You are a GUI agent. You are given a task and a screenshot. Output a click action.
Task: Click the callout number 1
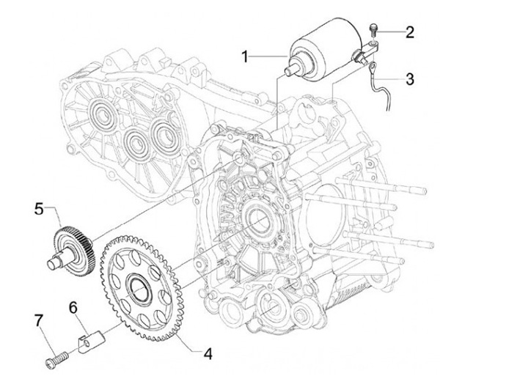(246, 56)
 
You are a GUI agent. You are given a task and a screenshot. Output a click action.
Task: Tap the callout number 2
(409, 32)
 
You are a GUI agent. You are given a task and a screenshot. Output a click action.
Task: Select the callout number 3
(409, 79)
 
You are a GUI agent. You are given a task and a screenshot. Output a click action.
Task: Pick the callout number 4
(208, 354)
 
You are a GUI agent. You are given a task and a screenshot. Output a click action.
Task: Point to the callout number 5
(39, 210)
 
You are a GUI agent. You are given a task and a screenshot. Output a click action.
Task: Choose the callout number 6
(73, 307)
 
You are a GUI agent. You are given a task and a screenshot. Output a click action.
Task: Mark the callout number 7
(39, 321)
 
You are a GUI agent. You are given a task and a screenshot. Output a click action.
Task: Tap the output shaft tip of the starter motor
(289, 71)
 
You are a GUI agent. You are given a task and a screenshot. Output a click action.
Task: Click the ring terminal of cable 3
(372, 70)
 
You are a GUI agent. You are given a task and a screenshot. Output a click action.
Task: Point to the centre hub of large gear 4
(139, 287)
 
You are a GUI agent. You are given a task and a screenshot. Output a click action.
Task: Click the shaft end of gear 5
(52, 263)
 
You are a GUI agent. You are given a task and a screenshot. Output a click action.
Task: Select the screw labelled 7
(56, 359)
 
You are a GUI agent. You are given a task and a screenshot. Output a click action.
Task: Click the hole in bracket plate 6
(88, 342)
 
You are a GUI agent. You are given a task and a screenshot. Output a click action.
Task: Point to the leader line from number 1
(268, 56)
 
